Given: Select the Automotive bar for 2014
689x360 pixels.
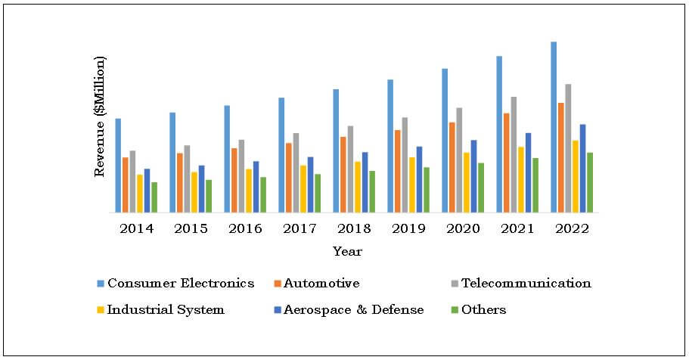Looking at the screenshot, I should (x=126, y=185).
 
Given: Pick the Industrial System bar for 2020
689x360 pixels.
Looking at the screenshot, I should (x=467, y=182).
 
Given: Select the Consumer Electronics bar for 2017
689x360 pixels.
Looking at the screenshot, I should (x=281, y=155).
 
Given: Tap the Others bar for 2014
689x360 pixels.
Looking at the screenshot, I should (x=154, y=197).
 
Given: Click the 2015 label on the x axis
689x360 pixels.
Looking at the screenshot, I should (x=191, y=228).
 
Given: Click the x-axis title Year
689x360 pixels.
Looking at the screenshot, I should (x=347, y=251).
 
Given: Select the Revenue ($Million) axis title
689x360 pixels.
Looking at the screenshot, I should (x=100, y=116).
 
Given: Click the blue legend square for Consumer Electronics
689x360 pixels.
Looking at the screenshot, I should (x=101, y=284).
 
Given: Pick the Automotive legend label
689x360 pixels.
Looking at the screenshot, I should (x=322, y=284).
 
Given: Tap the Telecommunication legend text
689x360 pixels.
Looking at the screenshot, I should (x=526, y=284).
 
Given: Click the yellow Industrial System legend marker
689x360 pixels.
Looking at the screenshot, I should (x=101, y=310).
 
